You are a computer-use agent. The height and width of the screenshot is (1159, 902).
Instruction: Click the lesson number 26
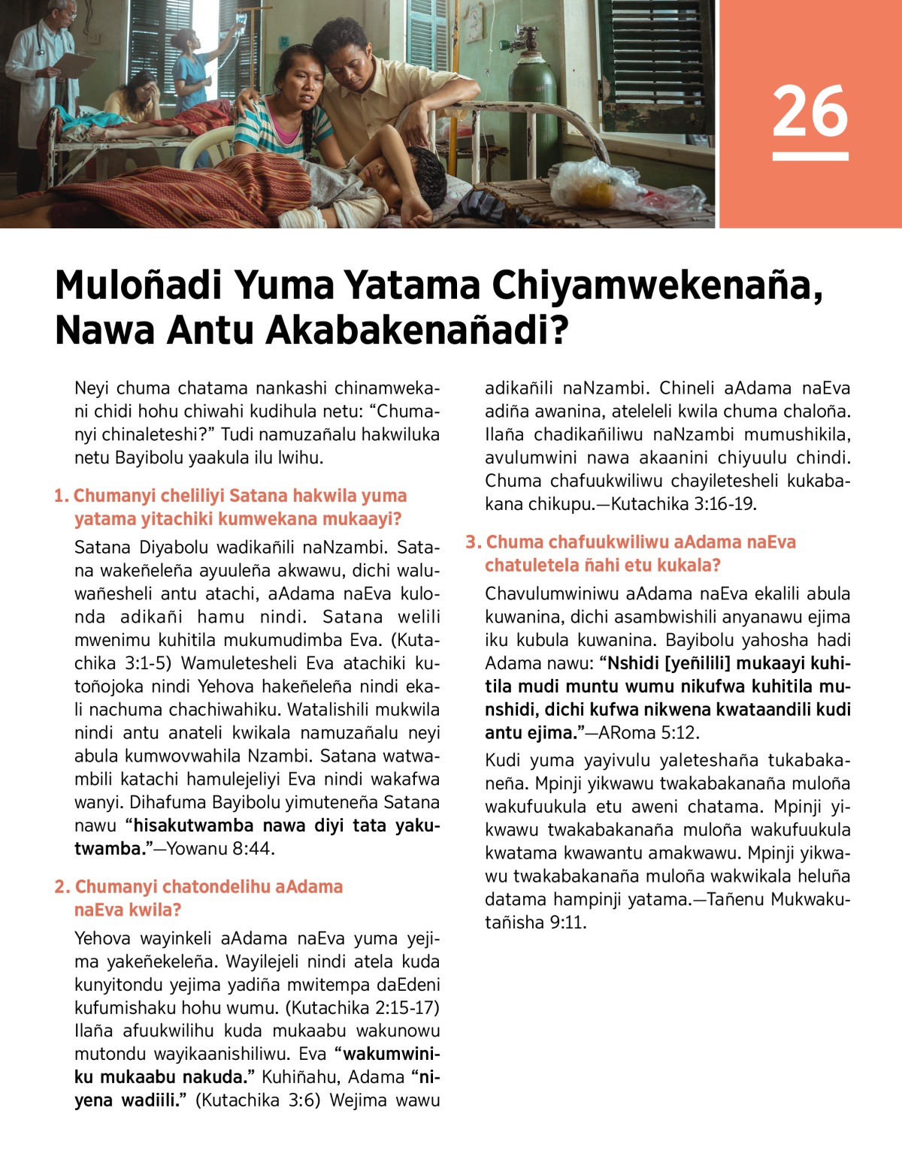click(x=810, y=111)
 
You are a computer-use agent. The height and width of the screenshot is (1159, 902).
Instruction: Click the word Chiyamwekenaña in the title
click(x=652, y=285)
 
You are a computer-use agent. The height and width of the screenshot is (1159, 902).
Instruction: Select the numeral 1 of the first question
click(x=59, y=496)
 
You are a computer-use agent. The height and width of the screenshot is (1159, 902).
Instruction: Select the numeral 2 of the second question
click(x=61, y=887)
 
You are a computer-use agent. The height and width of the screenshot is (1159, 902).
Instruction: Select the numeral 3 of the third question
click(x=471, y=542)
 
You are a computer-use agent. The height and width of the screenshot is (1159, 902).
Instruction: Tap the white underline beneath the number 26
click(x=810, y=156)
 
